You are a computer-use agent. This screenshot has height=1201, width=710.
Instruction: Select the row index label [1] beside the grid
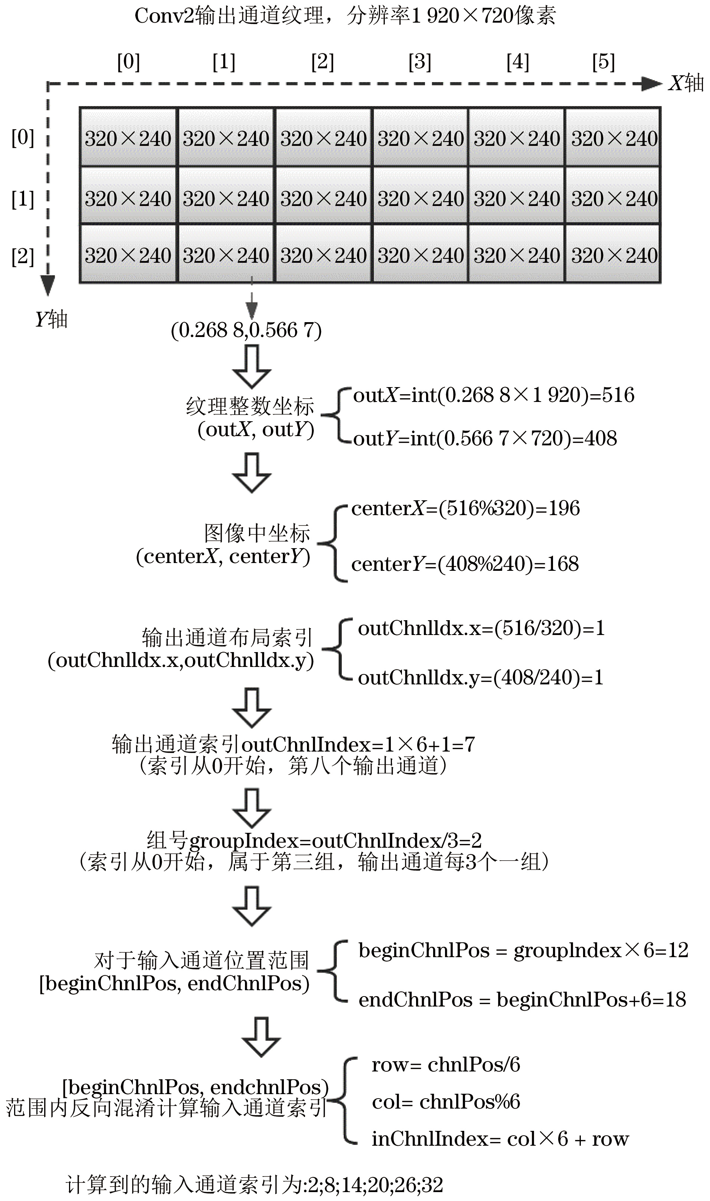[x=23, y=199]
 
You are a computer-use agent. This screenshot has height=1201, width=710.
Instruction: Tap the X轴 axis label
[x=686, y=83]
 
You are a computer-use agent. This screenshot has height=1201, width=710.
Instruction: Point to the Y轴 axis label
[x=51, y=319]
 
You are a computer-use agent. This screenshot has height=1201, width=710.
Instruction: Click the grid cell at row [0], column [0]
[x=128, y=138]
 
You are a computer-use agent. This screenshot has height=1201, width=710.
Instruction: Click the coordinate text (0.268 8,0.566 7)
[x=246, y=330]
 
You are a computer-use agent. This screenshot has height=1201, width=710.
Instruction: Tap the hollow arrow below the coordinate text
[x=252, y=367]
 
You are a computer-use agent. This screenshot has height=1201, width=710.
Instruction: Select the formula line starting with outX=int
[x=493, y=395]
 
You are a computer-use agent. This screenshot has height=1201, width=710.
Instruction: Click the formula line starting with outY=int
[x=485, y=438]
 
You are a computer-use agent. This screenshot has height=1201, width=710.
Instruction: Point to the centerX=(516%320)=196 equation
[x=465, y=508]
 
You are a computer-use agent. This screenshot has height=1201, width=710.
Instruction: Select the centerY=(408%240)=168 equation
[x=465, y=564]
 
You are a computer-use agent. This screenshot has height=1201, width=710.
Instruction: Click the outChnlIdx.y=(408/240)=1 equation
[x=480, y=677]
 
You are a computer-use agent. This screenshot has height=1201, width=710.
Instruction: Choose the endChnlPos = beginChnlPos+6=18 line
[x=522, y=999]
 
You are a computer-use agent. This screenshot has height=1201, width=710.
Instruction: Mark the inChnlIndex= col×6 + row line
[x=500, y=1139]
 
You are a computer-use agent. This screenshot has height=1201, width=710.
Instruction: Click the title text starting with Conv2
[x=344, y=16]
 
